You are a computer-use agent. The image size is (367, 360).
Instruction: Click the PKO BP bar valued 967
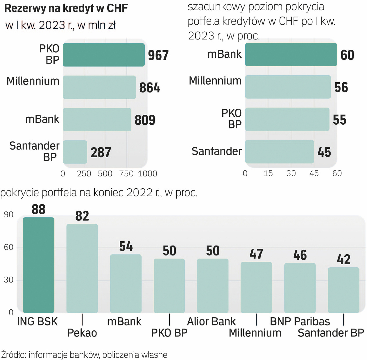(x=104, y=55)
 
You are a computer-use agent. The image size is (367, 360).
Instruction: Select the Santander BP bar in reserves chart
(x=75, y=152)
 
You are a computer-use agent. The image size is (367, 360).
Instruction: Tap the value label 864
(x=150, y=88)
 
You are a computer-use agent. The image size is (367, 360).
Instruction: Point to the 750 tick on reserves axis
(x=126, y=174)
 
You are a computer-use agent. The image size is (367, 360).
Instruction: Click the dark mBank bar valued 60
(x=291, y=55)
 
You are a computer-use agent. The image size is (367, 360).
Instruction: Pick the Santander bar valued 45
(x=280, y=152)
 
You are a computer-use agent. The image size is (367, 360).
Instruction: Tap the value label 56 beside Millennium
(x=341, y=88)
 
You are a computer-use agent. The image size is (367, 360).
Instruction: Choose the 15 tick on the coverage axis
(x=268, y=174)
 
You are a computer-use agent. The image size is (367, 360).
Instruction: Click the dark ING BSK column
(x=38, y=265)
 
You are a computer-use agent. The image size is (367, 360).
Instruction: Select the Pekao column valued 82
(x=82, y=268)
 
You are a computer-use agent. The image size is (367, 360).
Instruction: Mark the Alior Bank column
(x=213, y=286)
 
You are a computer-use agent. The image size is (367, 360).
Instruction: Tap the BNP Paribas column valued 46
(x=300, y=288)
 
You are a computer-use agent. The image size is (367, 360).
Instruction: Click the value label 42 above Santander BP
(x=343, y=259)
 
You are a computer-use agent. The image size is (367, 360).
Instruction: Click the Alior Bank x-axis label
(x=211, y=322)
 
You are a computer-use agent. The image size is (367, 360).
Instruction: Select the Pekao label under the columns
(x=82, y=333)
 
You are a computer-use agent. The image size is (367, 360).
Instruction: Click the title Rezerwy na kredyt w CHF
(x=66, y=9)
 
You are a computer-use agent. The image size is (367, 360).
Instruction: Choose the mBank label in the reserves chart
(x=42, y=119)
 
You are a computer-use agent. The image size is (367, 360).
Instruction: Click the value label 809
(x=145, y=120)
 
